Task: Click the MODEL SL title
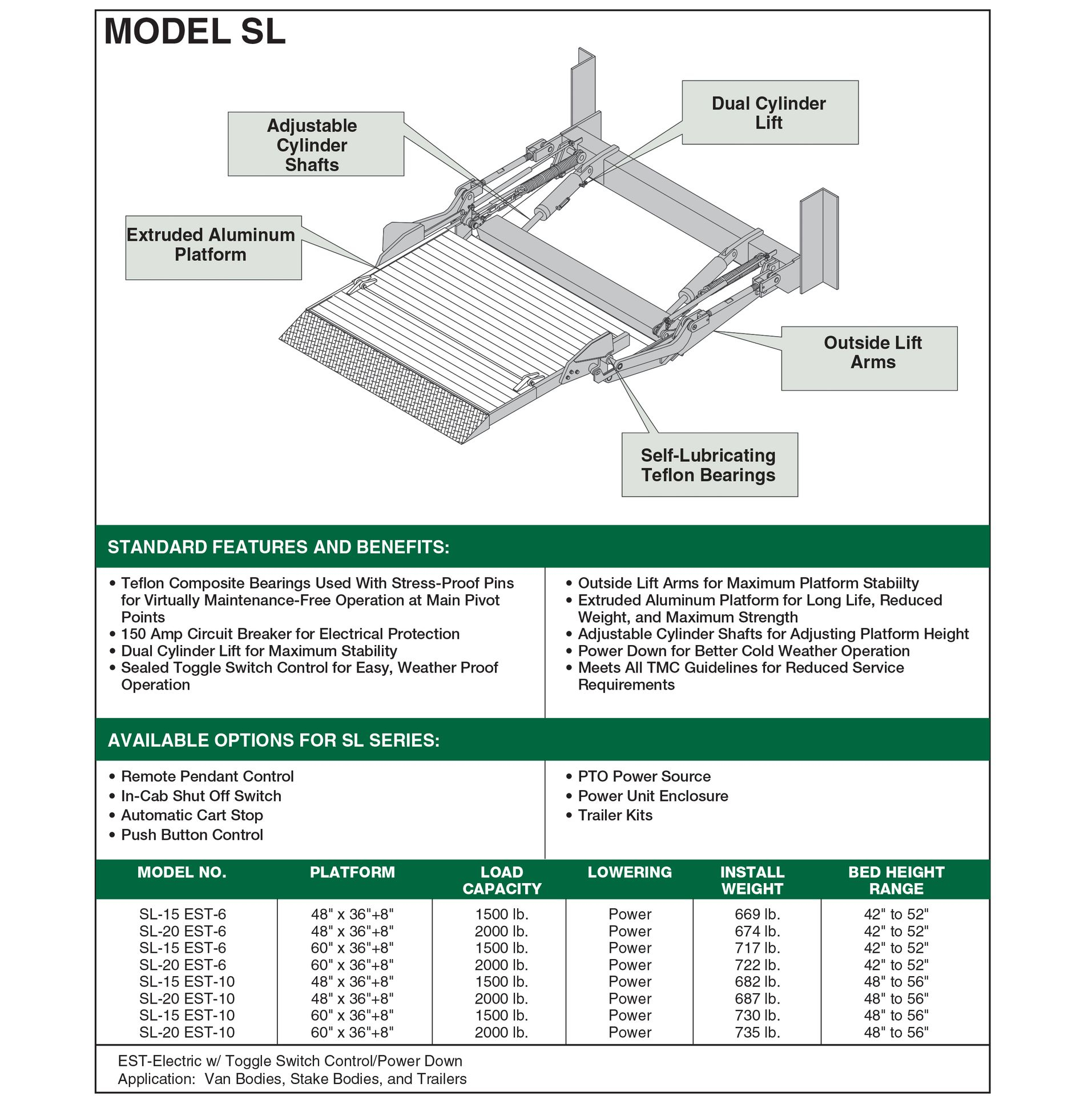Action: pos(194,32)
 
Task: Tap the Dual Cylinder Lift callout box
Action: pos(769,112)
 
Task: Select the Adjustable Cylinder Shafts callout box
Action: pos(315,144)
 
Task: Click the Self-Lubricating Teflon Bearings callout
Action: pos(709,465)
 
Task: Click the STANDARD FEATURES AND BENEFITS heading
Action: pos(279,547)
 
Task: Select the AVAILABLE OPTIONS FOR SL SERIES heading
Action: pos(273,740)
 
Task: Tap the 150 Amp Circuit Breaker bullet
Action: pos(290,634)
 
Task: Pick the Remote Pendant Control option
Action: pos(207,776)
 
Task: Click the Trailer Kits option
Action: pos(615,815)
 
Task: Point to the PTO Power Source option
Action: pos(644,776)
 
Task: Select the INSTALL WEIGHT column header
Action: pos(752,880)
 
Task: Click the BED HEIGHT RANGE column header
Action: pos(896,880)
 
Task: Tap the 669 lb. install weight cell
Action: pos(757,914)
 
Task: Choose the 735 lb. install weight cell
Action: pos(757,1032)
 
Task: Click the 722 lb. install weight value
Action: pos(757,965)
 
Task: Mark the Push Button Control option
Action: pos(192,835)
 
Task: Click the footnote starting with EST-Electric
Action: pos(290,1061)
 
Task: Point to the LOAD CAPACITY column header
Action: pos(501,880)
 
